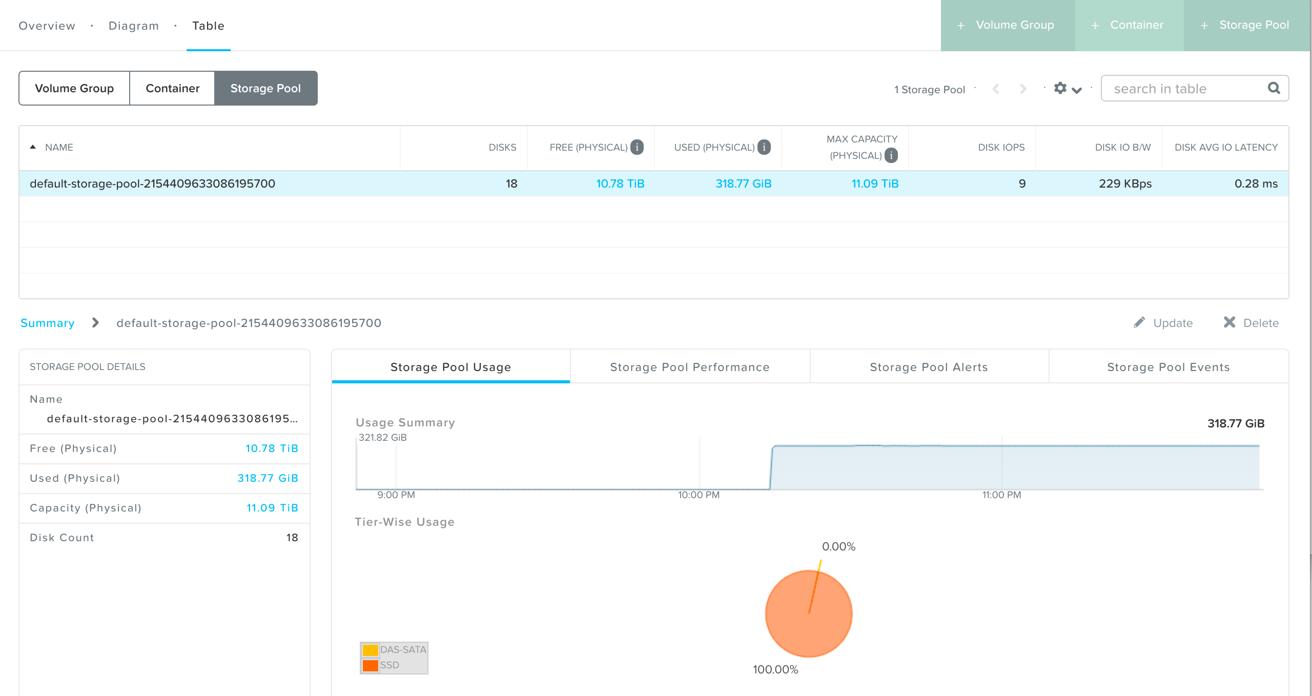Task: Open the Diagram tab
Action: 133,26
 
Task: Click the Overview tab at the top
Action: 47,26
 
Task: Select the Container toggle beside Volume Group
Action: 172,88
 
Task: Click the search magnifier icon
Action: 1274,88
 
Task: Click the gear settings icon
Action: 1060,88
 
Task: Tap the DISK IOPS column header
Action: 1001,148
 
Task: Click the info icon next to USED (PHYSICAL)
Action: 764,147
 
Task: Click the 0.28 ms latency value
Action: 1256,183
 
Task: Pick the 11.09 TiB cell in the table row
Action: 875,183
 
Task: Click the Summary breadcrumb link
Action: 47,323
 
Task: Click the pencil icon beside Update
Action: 1139,322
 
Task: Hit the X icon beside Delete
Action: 1229,322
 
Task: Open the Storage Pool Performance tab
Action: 689,367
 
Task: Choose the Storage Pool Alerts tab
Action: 929,367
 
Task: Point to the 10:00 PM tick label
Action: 699,495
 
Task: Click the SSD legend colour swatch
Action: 370,665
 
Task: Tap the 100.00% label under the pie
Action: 775,669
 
